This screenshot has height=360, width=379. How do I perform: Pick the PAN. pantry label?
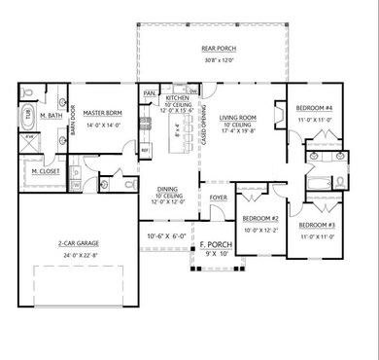pyautogui.click(x=150, y=93)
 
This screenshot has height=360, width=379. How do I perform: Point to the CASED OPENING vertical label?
pyautogui.click(x=203, y=131)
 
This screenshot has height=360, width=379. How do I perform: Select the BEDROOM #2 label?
pyautogui.click(x=260, y=219)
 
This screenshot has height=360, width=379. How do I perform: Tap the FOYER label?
pyautogui.click(x=220, y=198)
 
